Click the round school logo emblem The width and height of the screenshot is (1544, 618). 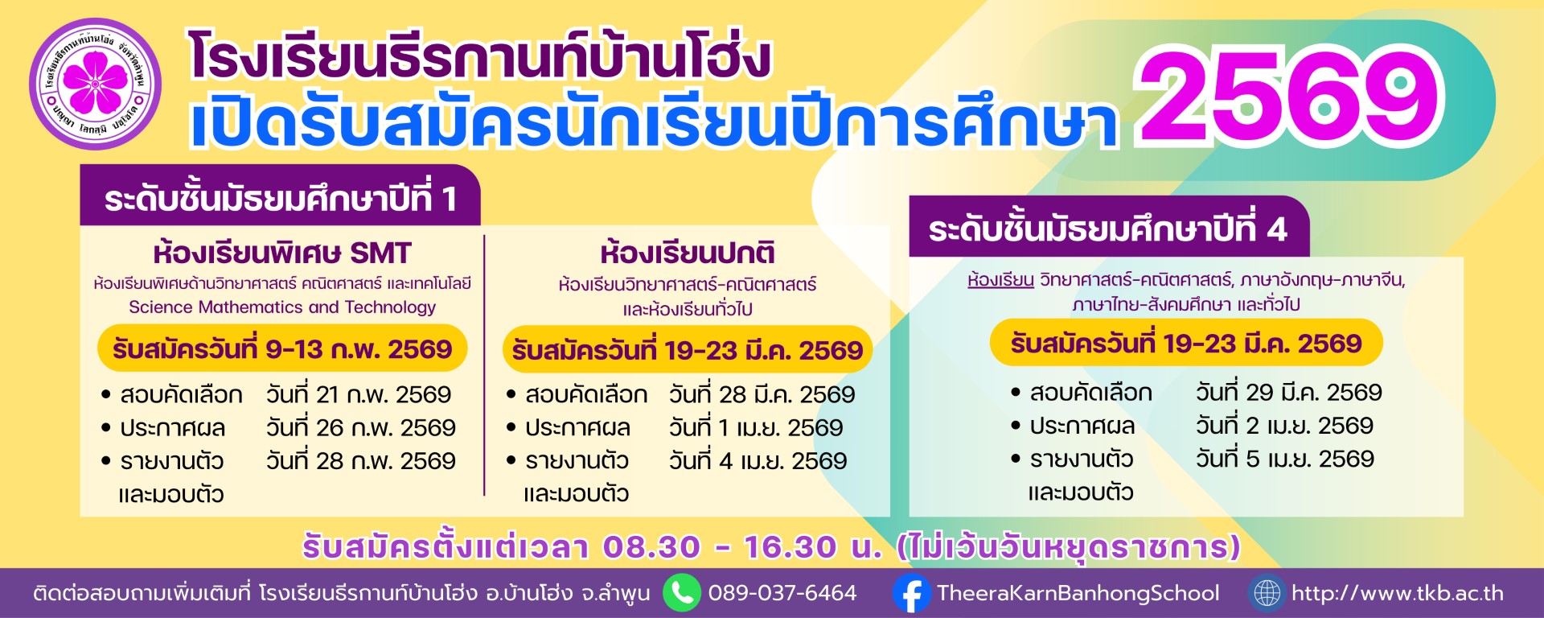coord(96,84)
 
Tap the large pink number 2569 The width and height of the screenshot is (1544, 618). coord(1289,97)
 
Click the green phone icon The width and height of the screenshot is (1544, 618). coord(682,593)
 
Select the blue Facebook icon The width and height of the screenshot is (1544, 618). coord(912,594)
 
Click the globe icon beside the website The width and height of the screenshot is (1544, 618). coord(1267,594)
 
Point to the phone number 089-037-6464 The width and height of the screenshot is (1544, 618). coord(782,594)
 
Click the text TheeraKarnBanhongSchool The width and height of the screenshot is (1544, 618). coord(1078,594)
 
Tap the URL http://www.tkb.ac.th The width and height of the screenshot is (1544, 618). coord(1398,594)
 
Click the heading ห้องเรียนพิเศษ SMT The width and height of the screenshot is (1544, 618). coord(282,253)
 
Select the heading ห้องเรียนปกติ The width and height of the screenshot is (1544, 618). coord(688,253)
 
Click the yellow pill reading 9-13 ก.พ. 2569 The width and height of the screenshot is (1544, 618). coord(282,348)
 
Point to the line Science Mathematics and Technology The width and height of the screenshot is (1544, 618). coord(282,307)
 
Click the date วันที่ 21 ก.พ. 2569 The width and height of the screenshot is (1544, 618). coord(359,394)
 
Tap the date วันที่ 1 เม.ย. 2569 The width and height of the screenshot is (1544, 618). coord(756,427)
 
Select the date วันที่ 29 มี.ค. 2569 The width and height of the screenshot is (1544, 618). coord(1289,392)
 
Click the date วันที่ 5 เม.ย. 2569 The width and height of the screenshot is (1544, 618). coord(1285,459)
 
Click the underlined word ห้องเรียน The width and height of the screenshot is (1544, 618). coord(1000,280)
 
